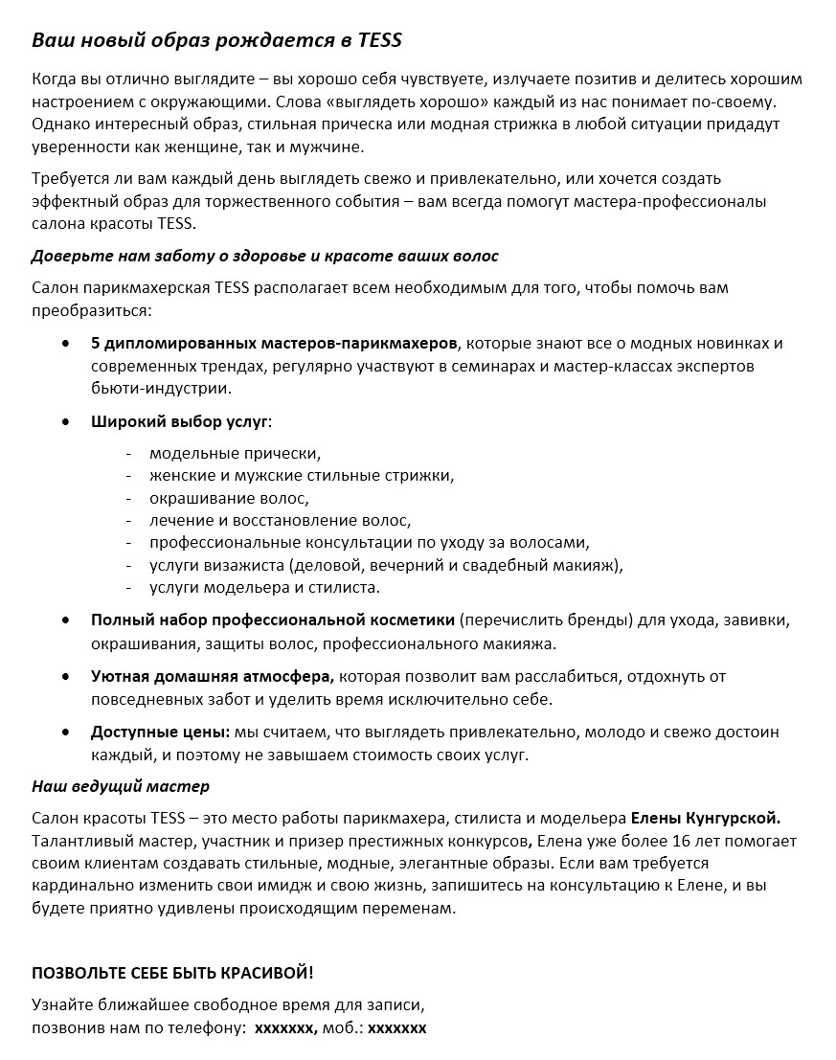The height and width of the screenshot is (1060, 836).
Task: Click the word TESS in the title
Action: pyautogui.click(x=379, y=40)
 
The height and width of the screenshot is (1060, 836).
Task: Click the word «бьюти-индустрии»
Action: pyautogui.click(x=162, y=389)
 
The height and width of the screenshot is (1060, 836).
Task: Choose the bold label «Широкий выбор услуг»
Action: pyautogui.click(x=180, y=420)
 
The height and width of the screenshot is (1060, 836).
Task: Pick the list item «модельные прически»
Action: pyautogui.click(x=235, y=453)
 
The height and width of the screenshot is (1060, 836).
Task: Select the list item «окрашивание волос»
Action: pyautogui.click(x=230, y=498)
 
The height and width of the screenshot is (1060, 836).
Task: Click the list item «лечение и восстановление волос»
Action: pyautogui.click(x=280, y=520)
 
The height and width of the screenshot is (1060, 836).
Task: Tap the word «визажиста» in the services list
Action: pyautogui.click(x=251, y=565)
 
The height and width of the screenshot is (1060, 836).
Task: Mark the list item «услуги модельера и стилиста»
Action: pyautogui.click(x=264, y=587)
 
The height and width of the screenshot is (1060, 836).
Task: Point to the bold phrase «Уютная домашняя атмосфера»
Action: pyautogui.click(x=213, y=676)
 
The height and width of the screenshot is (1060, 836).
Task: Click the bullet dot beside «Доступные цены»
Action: pyautogui.click(x=65, y=732)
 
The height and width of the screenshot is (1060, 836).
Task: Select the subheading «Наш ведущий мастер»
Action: pyautogui.click(x=121, y=787)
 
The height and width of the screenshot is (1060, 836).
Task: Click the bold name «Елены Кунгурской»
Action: pyautogui.click(x=706, y=819)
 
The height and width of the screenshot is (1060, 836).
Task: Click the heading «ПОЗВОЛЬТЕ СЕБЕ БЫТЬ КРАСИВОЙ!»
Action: pyautogui.click(x=172, y=973)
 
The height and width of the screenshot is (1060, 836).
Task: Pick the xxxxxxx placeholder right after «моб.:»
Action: pyautogui.click(x=396, y=1028)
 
